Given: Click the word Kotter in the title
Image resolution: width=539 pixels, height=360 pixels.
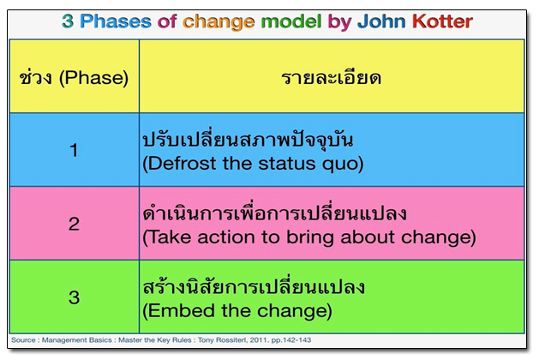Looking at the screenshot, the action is click(442, 21).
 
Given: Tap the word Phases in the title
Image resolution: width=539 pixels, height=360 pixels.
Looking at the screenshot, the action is click(116, 21).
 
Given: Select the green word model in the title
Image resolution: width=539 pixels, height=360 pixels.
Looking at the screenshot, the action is click(291, 21).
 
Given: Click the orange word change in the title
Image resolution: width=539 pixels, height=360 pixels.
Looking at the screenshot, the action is click(219, 22).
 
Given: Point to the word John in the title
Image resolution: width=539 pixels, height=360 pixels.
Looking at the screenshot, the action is click(381, 21).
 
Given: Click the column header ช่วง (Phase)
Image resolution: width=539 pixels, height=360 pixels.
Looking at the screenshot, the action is click(74, 77).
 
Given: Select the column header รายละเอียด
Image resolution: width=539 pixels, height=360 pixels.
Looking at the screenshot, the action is click(332, 78).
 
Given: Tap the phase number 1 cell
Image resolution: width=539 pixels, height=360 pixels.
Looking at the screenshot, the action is click(74, 150).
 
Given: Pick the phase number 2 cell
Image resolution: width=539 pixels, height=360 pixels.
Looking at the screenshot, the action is click(74, 225).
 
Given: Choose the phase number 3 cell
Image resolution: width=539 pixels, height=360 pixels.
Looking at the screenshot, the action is click(74, 297).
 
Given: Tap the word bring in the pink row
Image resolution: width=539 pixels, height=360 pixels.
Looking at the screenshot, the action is click(310, 238).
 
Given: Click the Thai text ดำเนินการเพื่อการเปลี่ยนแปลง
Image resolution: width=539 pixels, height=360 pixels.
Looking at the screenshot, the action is click(275, 213).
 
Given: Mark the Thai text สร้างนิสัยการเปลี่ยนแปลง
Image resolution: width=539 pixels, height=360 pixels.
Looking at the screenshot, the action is click(254, 287).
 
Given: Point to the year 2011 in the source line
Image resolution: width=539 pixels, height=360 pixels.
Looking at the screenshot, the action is click(259, 339).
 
